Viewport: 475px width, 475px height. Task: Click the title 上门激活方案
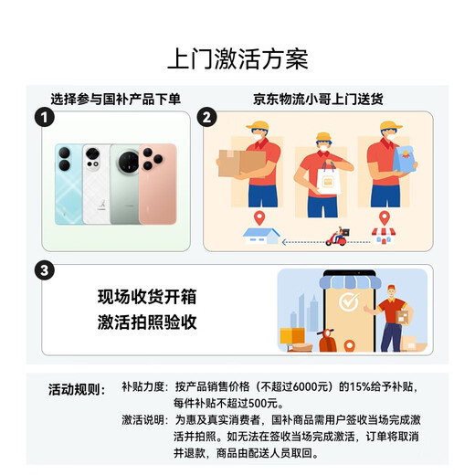click(x=237, y=59)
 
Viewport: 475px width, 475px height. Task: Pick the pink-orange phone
click(x=159, y=183)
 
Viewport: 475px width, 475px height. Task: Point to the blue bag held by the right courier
click(x=402, y=163)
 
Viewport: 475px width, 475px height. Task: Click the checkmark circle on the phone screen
click(x=348, y=302)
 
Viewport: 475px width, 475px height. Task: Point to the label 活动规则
click(x=77, y=388)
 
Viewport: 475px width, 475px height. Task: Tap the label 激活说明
click(x=144, y=419)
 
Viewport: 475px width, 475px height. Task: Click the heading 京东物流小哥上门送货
click(x=316, y=99)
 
